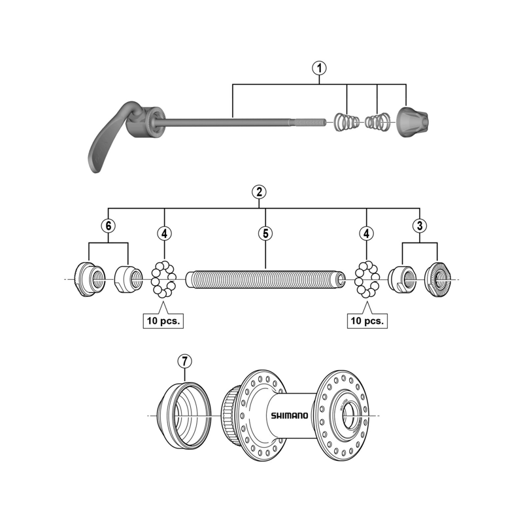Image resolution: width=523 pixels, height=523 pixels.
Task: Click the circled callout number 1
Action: (319, 67)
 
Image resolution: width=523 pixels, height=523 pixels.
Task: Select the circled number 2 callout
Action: (259, 192)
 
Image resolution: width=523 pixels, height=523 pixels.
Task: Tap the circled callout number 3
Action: (419, 225)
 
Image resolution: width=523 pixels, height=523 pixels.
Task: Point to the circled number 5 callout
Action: (265, 232)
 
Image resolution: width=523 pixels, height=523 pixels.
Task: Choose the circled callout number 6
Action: (109, 225)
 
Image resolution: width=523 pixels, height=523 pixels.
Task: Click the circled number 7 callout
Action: (186, 360)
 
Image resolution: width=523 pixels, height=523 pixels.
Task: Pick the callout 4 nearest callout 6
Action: (164, 232)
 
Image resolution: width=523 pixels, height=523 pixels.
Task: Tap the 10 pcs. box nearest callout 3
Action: (366, 321)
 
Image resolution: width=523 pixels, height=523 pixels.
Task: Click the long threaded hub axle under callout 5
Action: (265, 279)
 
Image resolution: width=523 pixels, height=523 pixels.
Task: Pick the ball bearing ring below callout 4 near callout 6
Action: (163, 279)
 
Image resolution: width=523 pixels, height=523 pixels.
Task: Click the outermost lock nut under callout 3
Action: (436, 279)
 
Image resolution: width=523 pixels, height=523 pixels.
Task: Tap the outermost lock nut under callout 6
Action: (89, 279)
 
